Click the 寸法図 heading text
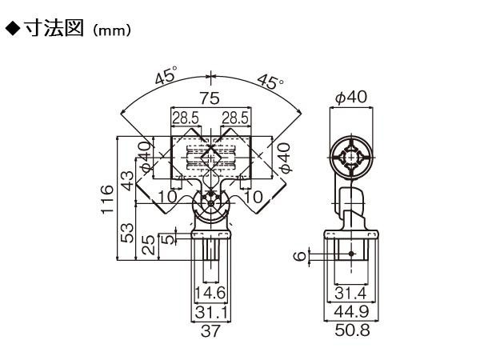coord(54,29)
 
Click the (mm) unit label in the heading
coord(112,30)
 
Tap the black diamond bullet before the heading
coord(13,29)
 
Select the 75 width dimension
coord(210,98)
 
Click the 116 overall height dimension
coord(107,199)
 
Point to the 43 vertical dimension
coord(127,180)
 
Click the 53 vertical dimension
coord(127,233)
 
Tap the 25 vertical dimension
coord(149,245)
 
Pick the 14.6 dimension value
coord(210,293)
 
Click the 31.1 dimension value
coord(211,313)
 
